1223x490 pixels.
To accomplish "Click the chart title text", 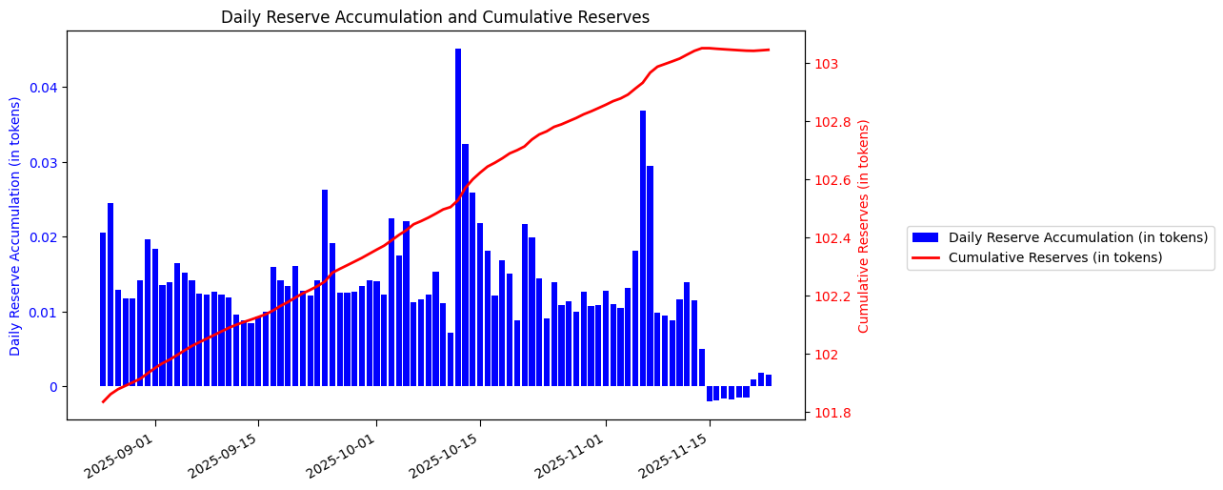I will pos(435,17).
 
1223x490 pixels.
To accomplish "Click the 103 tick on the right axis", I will pos(825,64).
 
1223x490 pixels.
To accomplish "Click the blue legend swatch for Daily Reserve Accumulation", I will pos(926,237).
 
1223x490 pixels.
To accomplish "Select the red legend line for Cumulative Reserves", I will pos(926,257).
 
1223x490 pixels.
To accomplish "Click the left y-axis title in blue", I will pos(16,226).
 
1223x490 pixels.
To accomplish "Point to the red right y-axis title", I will pos(864,226).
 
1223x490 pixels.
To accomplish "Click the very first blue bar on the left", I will pos(103,309).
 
